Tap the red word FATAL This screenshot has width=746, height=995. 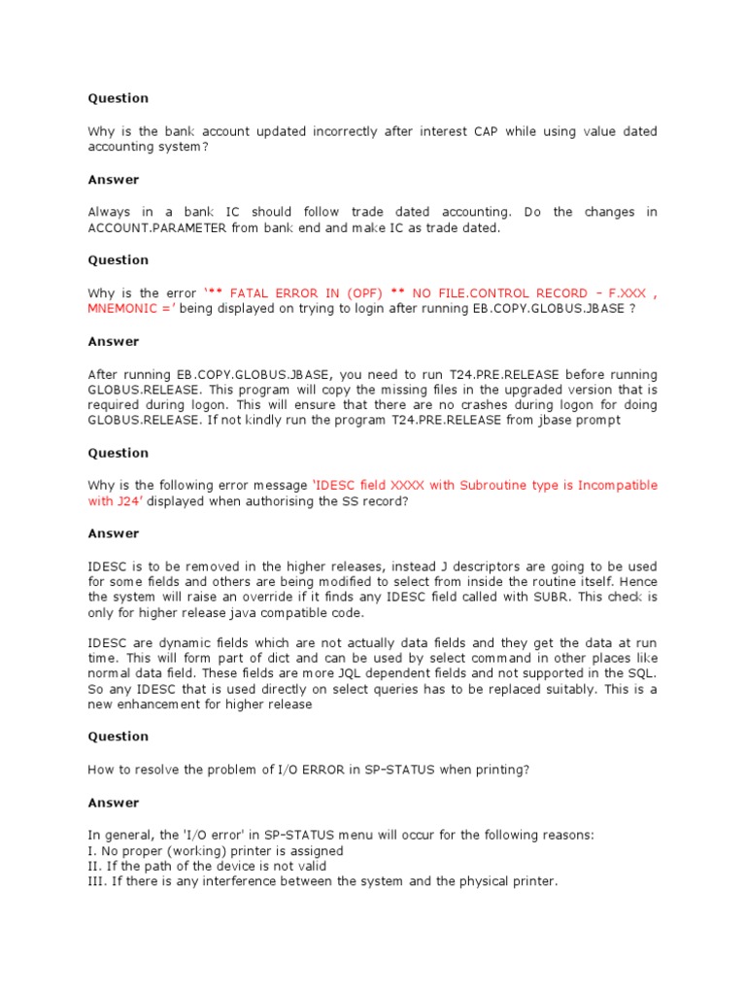(252, 292)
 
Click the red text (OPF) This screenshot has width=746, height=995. (361, 292)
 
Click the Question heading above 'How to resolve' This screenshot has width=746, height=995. (119, 736)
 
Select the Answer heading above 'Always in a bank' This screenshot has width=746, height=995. (114, 180)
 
